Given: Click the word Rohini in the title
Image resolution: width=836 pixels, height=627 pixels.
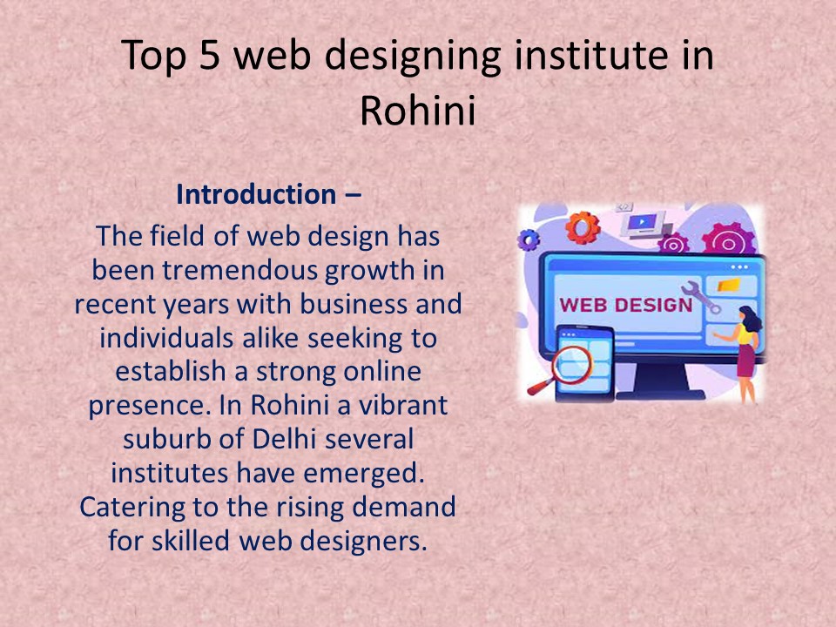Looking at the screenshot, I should [417, 109].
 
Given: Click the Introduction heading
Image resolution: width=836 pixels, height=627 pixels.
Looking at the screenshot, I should [255, 194].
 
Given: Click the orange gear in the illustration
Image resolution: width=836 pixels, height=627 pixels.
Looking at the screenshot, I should [581, 228].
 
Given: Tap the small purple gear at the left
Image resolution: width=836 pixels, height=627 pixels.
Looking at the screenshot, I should [529, 239].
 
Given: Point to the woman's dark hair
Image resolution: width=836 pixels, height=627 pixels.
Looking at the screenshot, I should [748, 314].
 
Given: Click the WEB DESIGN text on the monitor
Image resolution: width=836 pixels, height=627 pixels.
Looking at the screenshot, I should [625, 305].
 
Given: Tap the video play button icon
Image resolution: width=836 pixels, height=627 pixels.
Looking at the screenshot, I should [641, 222].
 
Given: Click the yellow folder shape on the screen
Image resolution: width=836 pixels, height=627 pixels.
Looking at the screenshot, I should [729, 285].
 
